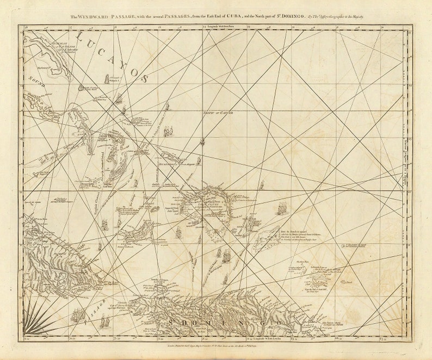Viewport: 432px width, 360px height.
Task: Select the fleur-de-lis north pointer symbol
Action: [x=202, y=142]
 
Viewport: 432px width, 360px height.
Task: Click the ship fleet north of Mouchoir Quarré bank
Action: [x=281, y=207]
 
